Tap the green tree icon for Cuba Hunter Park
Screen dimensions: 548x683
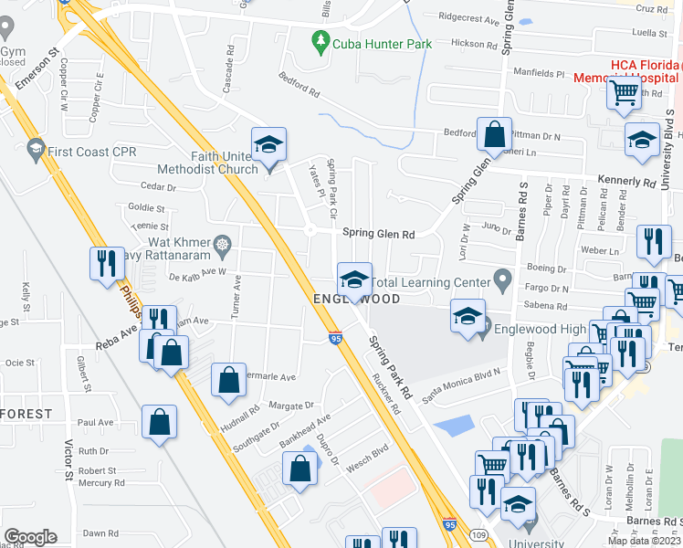point(320,41)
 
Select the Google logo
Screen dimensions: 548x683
point(30,537)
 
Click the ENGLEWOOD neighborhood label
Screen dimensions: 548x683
point(357,300)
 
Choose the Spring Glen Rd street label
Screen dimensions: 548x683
point(378,234)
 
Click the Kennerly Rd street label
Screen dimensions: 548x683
point(627,181)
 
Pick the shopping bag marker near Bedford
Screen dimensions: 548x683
point(493,136)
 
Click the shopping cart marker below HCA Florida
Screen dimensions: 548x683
point(625,92)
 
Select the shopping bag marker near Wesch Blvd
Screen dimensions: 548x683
point(300,469)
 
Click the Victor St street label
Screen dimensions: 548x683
point(68,460)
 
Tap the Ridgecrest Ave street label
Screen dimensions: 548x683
point(469,17)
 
